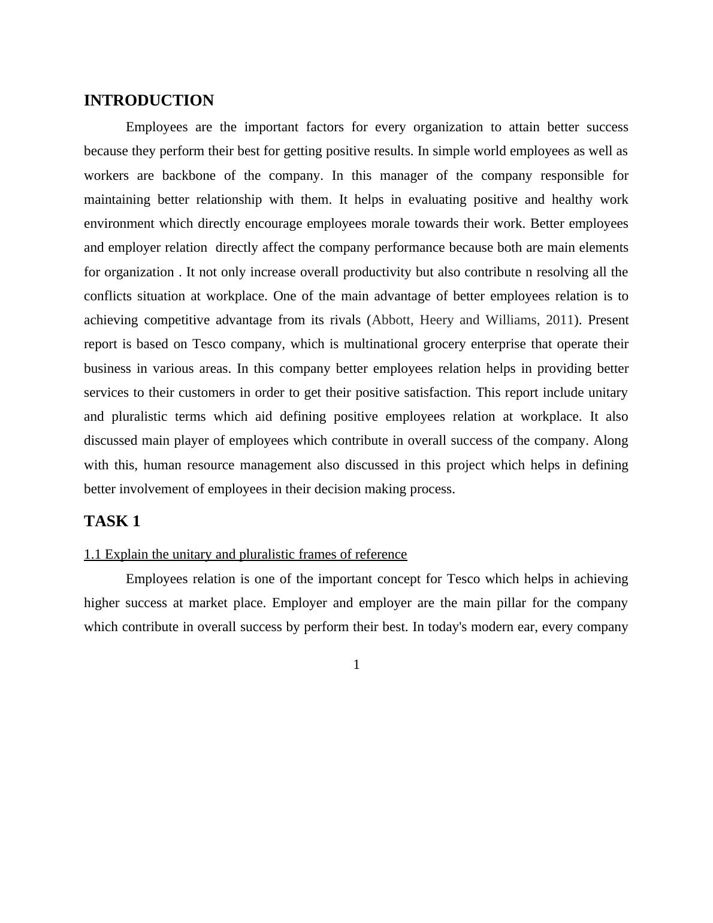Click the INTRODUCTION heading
tap(149, 101)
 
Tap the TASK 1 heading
tap(112, 521)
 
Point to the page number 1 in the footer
tap(356, 665)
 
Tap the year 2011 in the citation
tap(560, 320)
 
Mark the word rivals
tap(343, 320)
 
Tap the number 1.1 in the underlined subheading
tap(93, 554)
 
